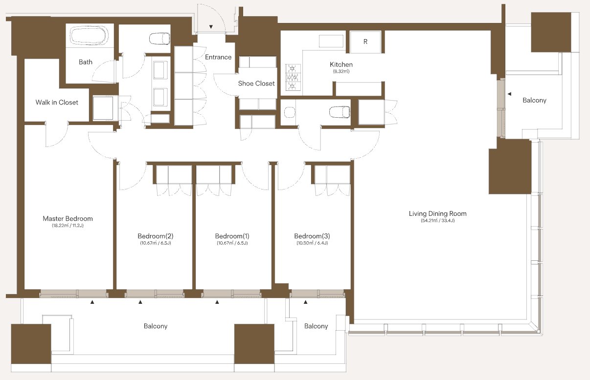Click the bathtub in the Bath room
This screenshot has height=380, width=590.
89,35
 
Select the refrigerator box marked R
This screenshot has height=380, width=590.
365,42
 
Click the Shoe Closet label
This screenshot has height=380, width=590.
256,84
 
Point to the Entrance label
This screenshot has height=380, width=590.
218,57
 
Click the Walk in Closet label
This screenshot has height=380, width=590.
57,102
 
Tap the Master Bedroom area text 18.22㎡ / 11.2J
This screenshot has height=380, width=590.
68,225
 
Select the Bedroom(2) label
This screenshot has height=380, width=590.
156,236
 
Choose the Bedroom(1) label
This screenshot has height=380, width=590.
232,236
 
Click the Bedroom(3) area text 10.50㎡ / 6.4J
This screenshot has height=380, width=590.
312,243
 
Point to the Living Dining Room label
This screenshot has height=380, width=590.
437,213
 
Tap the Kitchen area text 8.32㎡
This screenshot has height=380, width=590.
341,71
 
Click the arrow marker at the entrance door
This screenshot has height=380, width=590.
211,26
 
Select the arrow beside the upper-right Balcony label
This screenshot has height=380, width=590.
509,94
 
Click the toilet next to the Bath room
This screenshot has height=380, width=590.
159,39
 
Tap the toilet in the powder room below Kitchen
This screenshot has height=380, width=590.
340,112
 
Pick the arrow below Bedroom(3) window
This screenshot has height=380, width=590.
306,302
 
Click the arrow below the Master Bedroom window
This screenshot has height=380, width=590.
92,302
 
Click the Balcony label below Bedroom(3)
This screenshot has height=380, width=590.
316,326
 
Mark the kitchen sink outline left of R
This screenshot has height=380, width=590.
331,41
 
